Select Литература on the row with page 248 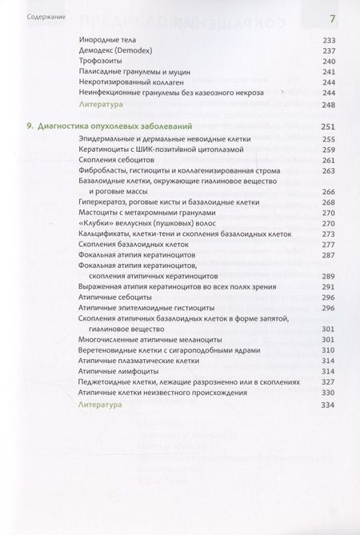tap(104, 105)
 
